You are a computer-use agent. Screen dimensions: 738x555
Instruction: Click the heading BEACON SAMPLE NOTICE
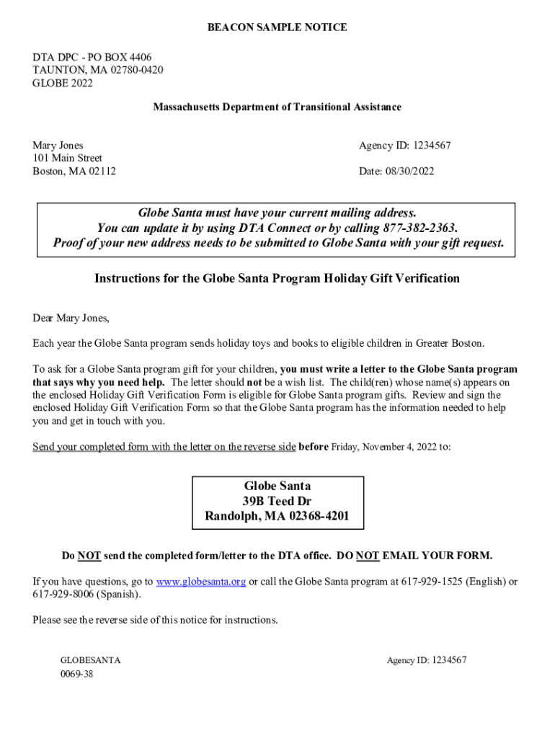point(277,27)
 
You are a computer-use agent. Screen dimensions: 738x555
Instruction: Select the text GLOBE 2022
point(63,83)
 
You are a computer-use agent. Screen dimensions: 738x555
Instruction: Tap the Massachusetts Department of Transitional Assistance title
point(277,107)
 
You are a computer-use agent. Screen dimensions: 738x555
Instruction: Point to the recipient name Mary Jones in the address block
point(58,146)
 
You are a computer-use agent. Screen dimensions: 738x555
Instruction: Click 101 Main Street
point(67,158)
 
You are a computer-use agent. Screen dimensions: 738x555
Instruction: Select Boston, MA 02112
point(74,172)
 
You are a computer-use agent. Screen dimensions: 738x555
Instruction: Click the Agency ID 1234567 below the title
point(404,146)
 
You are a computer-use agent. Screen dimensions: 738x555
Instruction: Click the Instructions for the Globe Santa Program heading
point(277,278)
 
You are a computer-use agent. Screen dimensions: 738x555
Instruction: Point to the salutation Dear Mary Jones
point(71,318)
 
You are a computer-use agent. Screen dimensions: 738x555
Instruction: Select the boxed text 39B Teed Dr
point(277,501)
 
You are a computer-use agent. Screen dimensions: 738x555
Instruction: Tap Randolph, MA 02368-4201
point(277,516)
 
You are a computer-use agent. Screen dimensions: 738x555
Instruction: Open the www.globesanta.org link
point(201,582)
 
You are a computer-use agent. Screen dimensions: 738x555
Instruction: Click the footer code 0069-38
point(76,675)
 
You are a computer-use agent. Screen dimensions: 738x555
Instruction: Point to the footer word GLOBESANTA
point(90,660)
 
